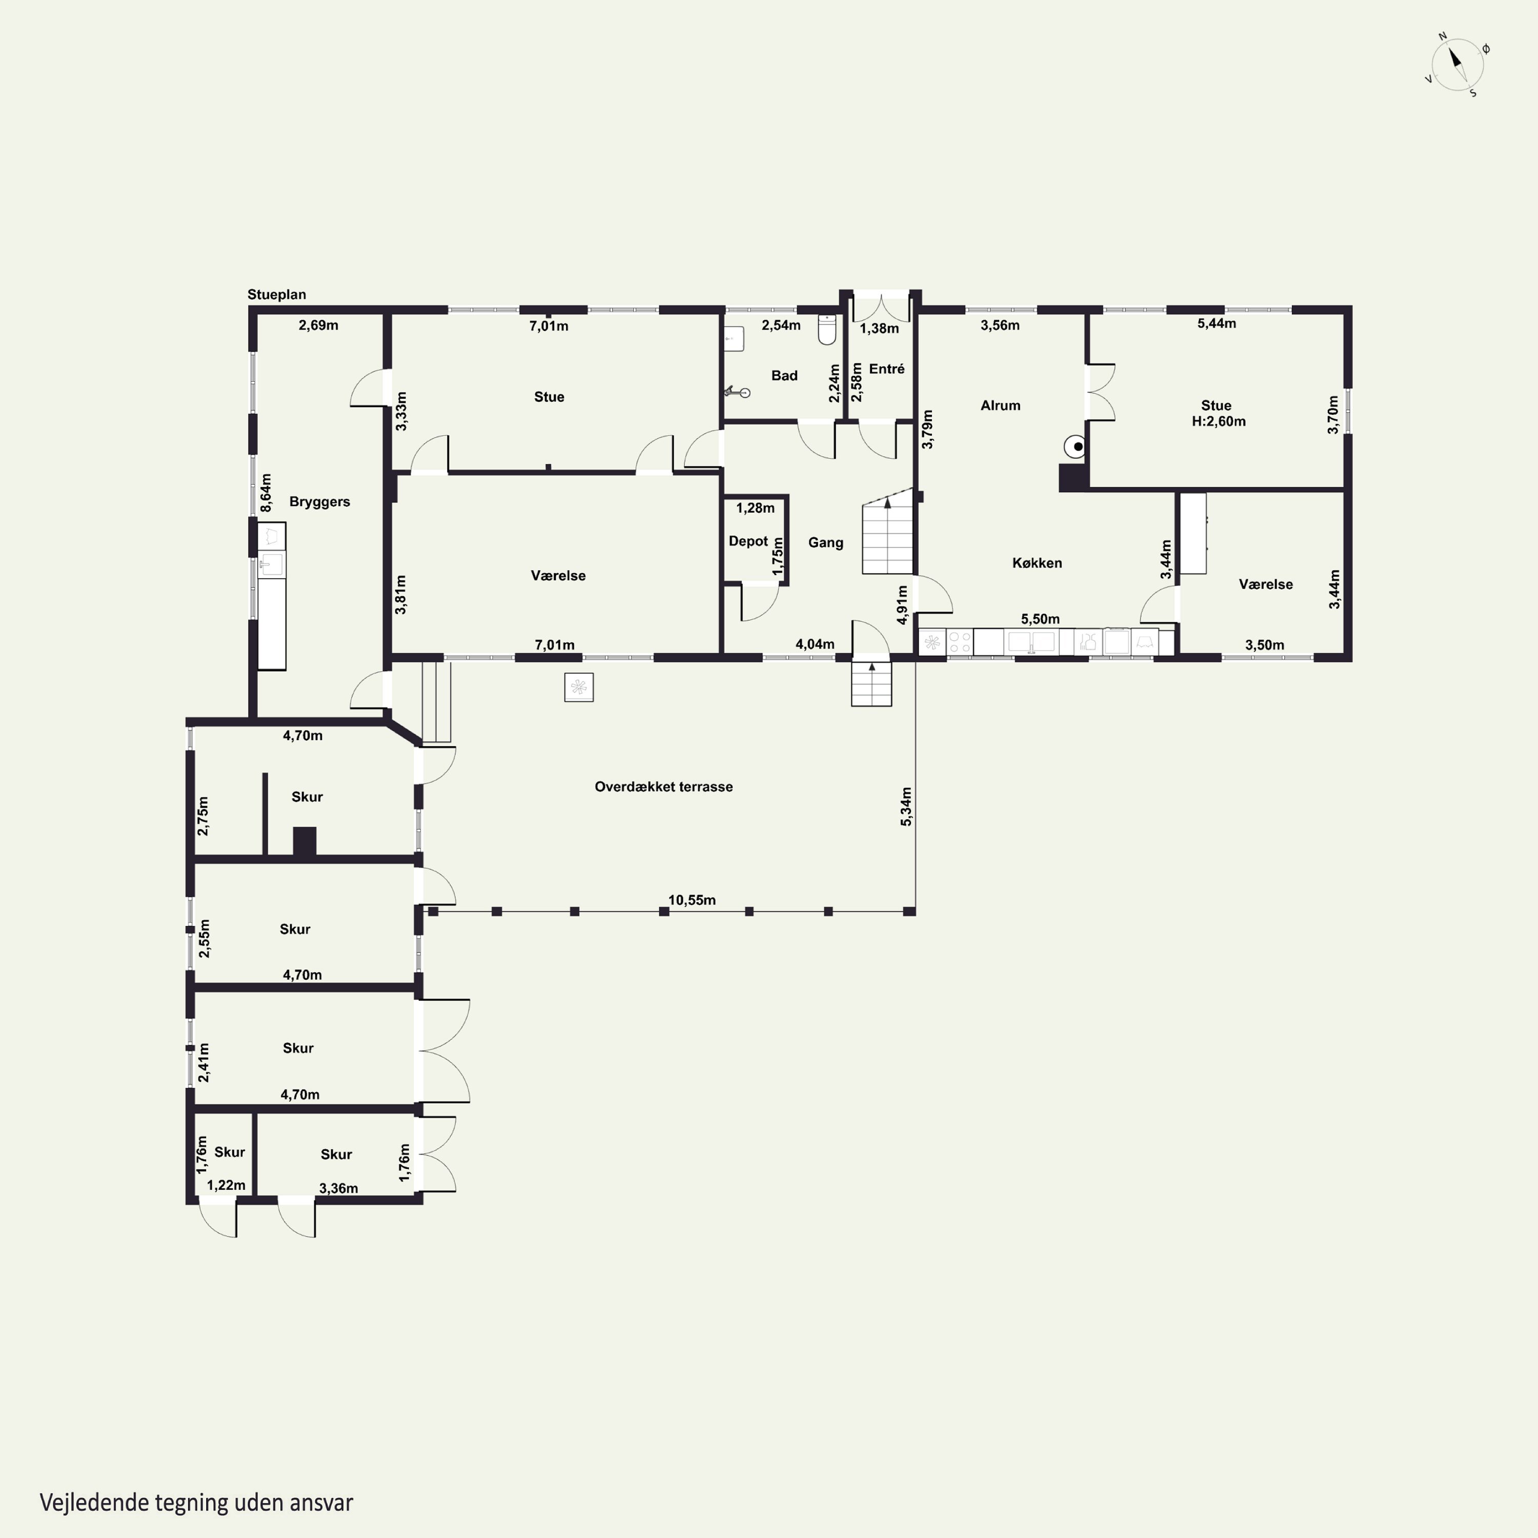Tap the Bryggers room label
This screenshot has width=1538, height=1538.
point(319,501)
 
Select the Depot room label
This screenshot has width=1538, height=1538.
point(748,541)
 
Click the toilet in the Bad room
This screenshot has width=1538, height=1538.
point(827,329)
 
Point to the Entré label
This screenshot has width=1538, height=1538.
point(887,369)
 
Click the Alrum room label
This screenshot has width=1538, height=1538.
point(1000,405)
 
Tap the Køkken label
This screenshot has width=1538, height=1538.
point(1037,563)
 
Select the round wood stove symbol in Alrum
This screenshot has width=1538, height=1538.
point(1076,448)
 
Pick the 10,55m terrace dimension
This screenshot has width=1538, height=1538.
point(691,900)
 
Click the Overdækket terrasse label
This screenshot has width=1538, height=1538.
point(663,786)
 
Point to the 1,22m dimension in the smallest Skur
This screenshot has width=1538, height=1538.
point(226,1185)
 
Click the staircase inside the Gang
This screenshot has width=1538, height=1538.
point(887,531)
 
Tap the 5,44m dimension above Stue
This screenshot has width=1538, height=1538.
point(1217,323)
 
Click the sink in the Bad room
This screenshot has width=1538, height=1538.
point(734,338)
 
